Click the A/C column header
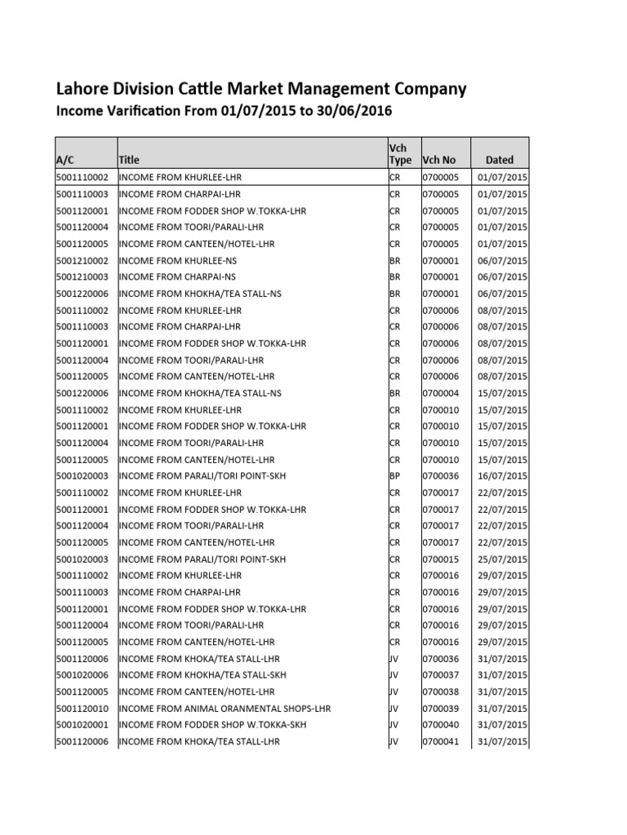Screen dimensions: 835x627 (x=65, y=160)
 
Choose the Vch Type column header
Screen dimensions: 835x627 (x=400, y=152)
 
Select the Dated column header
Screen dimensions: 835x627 (x=500, y=160)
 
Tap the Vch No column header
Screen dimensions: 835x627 (x=439, y=160)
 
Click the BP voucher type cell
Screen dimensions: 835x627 (x=394, y=475)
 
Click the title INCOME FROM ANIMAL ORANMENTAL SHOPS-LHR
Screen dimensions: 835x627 (x=225, y=709)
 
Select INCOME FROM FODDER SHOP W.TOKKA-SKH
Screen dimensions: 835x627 (x=213, y=725)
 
